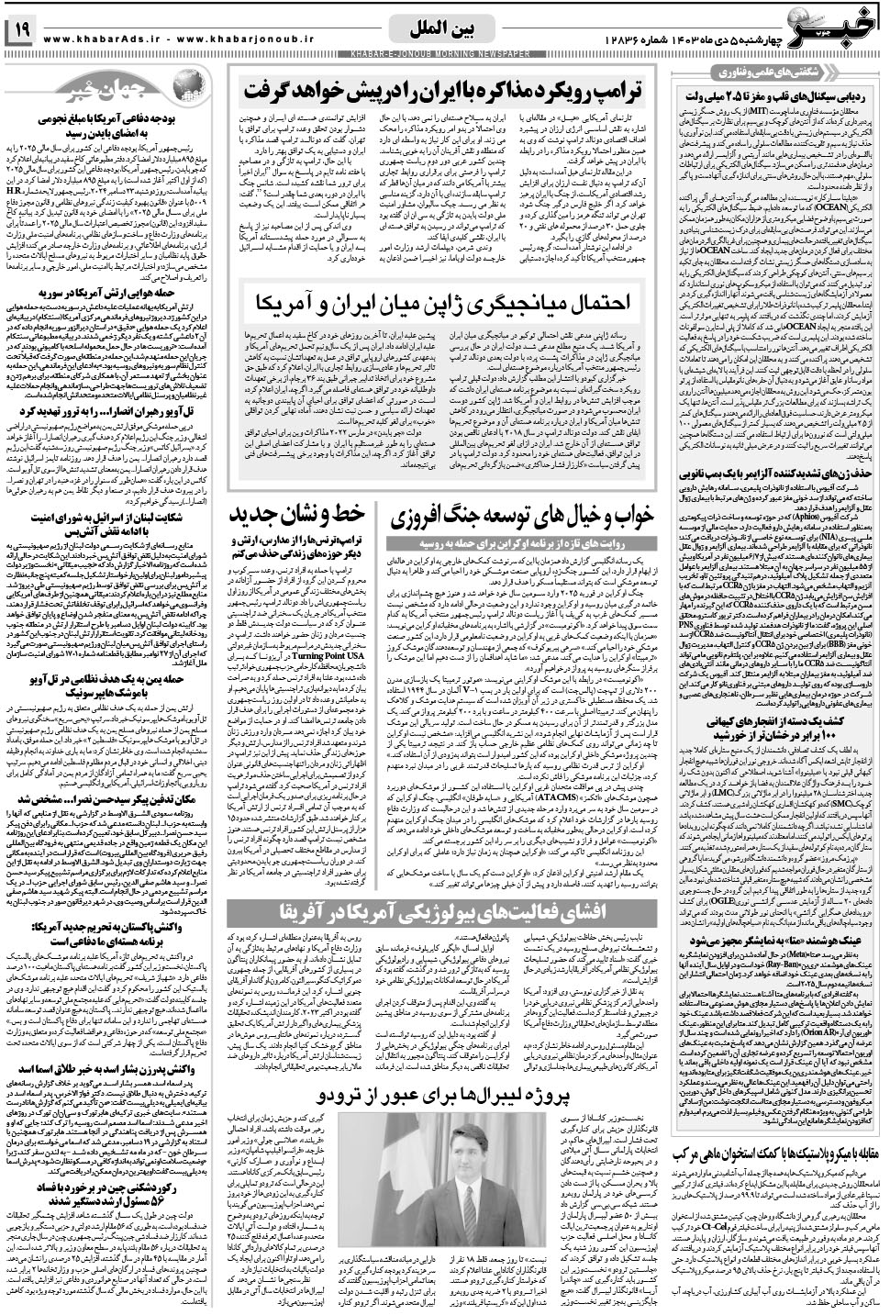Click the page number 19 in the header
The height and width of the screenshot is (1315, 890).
pyautogui.click(x=20, y=31)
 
